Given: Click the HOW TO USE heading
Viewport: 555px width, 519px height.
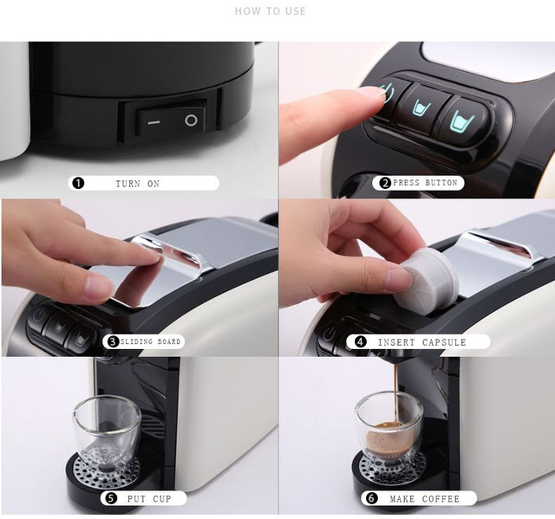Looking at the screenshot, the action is [x=270, y=11].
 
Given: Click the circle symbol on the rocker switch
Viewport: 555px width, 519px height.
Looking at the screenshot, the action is [x=191, y=120].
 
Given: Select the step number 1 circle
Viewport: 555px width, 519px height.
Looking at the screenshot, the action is [x=78, y=183].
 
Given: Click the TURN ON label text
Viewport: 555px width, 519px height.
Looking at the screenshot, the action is [x=137, y=184].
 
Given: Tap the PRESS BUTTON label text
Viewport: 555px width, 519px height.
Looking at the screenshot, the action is [x=425, y=183].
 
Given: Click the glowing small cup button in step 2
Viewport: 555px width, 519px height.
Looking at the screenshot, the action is [x=422, y=108].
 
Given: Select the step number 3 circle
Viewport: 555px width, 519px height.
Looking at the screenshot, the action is [x=113, y=341].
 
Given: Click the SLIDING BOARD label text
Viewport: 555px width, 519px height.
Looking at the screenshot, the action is [x=150, y=341].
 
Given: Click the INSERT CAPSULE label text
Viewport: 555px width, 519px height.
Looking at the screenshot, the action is [x=421, y=342].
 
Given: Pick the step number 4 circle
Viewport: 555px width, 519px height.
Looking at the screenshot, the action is [x=361, y=342].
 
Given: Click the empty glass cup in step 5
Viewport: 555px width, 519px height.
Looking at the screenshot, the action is [x=107, y=432].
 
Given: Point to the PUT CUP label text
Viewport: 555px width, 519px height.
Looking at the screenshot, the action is [x=149, y=499].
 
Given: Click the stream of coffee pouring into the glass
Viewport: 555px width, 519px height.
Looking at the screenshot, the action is [x=395, y=392].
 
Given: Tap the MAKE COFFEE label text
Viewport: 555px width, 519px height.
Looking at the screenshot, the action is [x=424, y=499].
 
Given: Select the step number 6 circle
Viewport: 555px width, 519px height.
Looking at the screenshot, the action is [x=371, y=498].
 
